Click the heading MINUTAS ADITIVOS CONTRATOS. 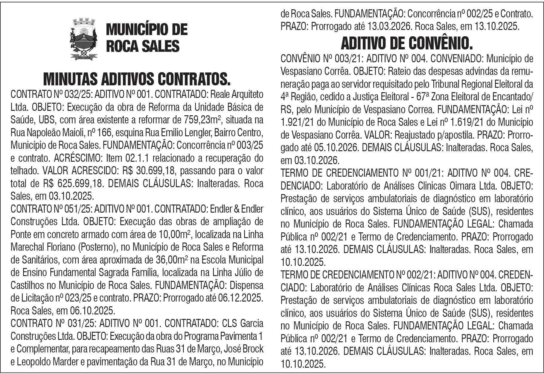click(x=137, y=79)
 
